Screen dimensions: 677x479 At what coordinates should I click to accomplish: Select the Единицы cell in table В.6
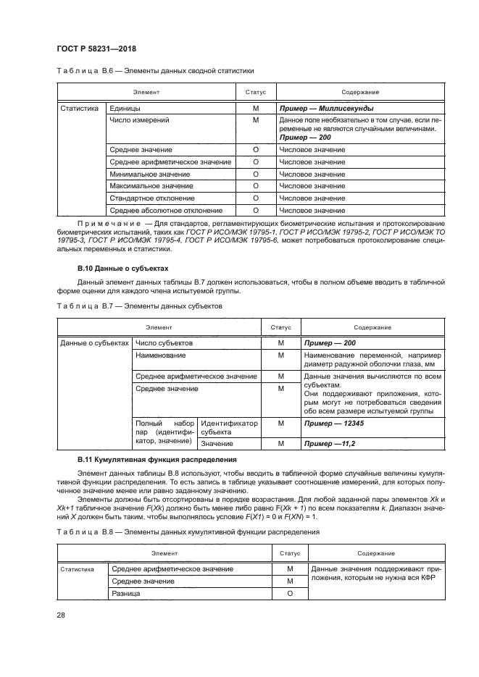point(124,108)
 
